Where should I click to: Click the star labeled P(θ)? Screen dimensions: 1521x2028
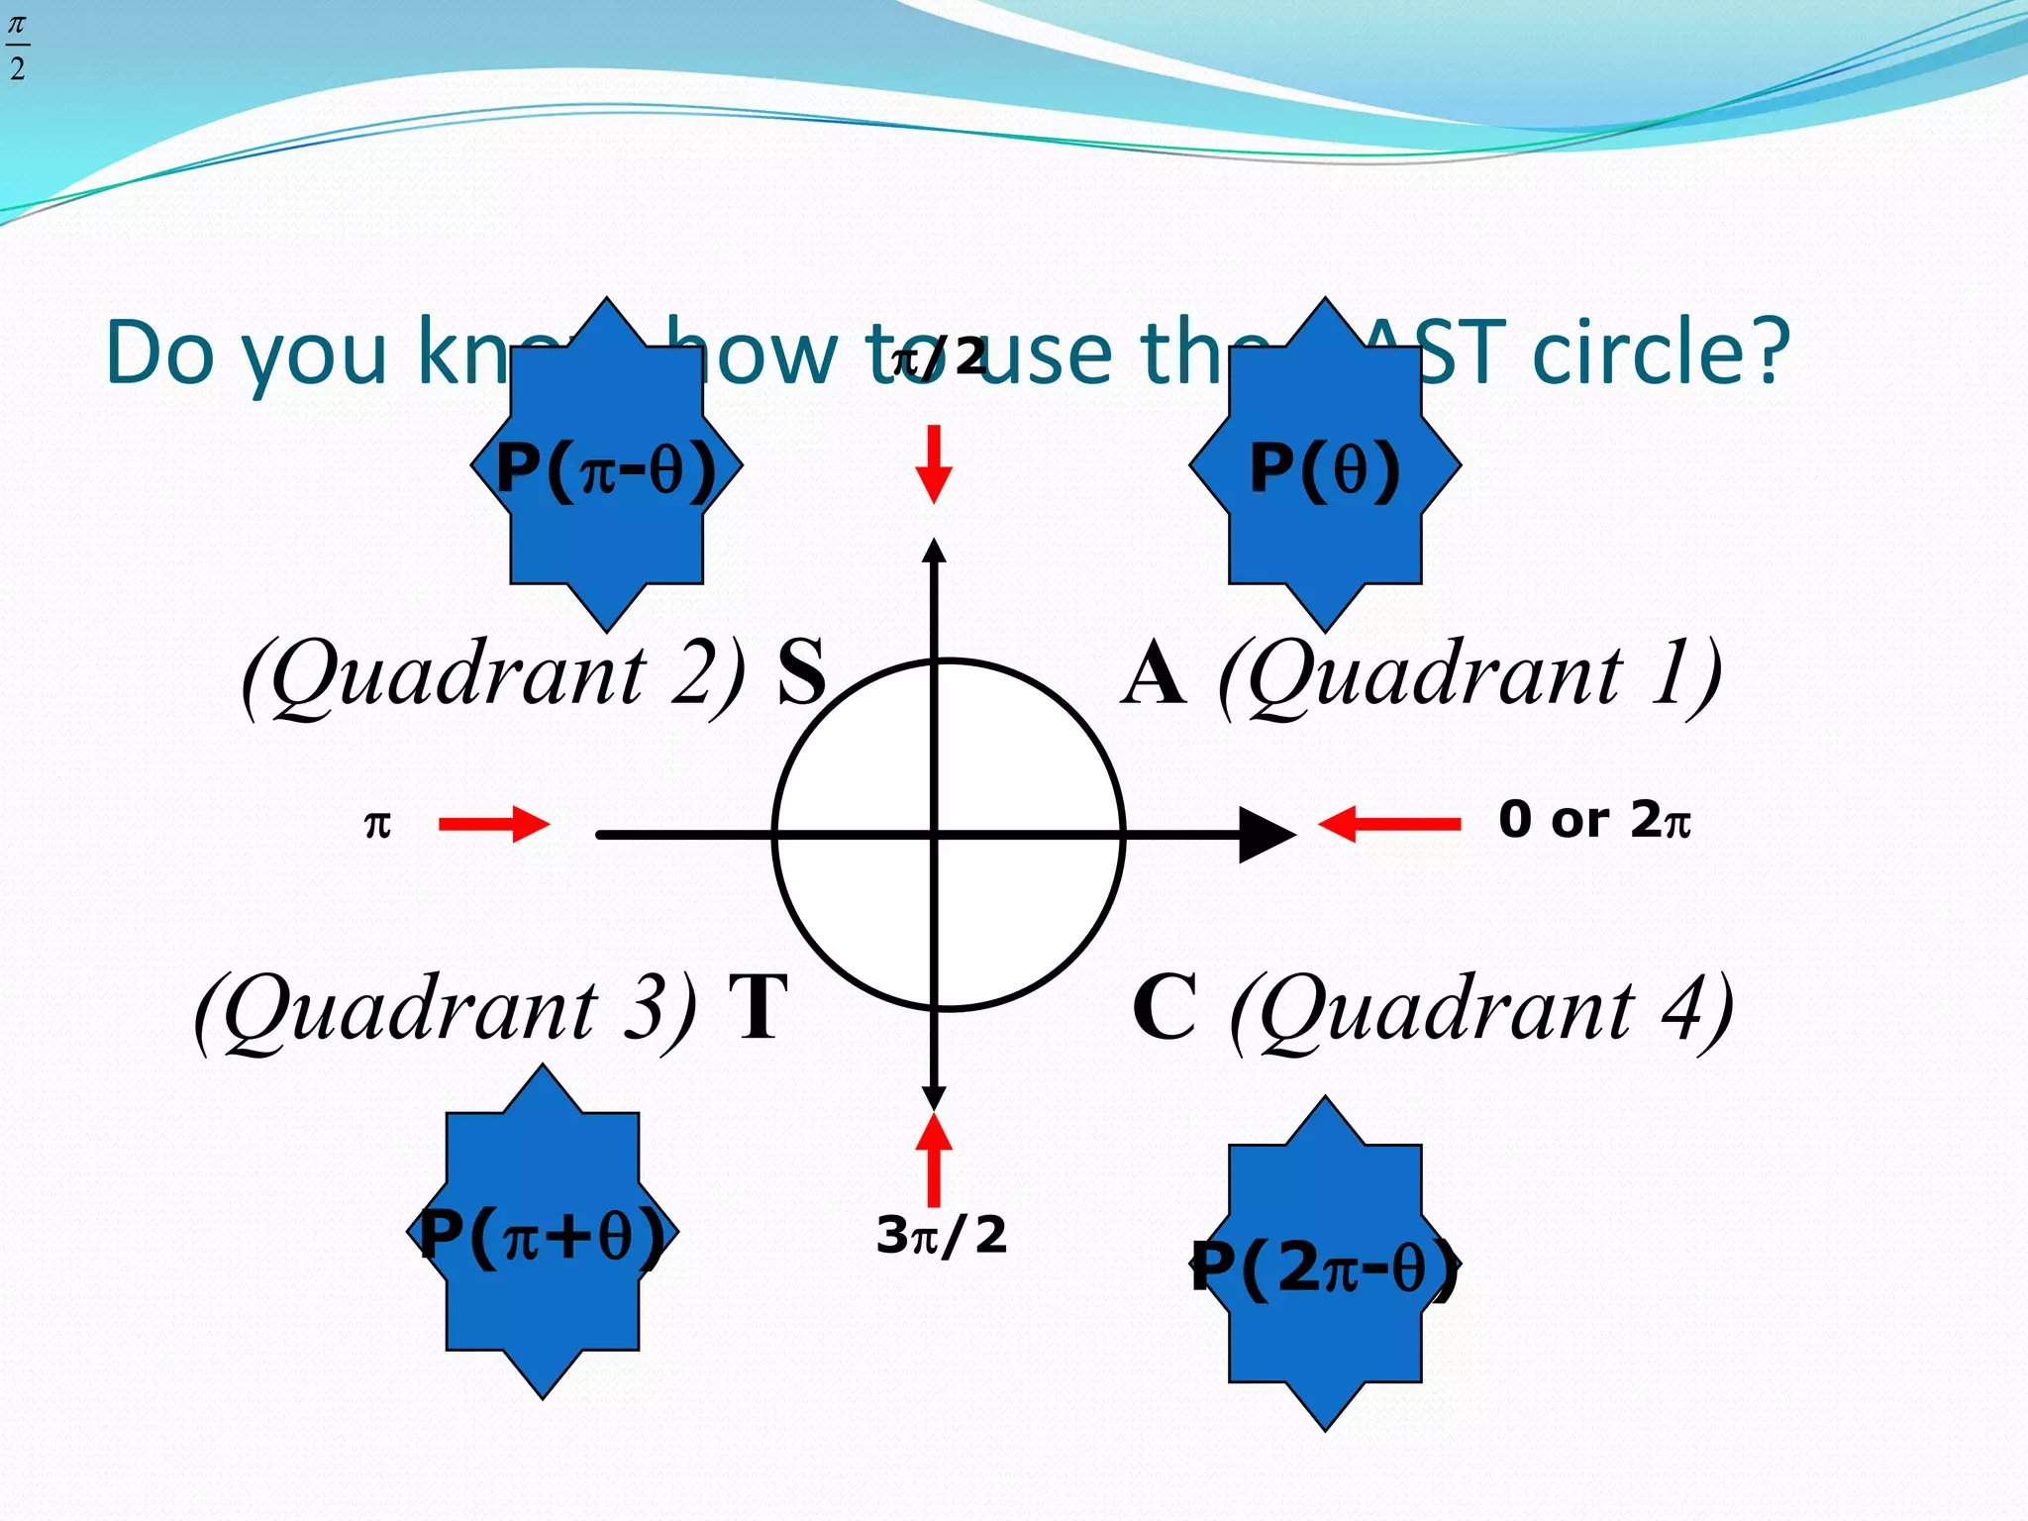tap(1325, 465)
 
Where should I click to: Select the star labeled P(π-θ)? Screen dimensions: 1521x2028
tap(606, 465)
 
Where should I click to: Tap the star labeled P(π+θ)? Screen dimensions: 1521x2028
tap(543, 1232)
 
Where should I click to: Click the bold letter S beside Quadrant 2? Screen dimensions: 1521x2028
tap(801, 672)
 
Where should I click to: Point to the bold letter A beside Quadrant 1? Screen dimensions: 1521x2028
tap(1154, 674)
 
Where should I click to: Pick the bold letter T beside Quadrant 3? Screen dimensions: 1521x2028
tap(759, 1008)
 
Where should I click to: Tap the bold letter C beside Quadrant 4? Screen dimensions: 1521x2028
tap(1165, 1008)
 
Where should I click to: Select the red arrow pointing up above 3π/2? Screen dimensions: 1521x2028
tap(934, 1159)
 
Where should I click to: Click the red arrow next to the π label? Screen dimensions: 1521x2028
tap(493, 824)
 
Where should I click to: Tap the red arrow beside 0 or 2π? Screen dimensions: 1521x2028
tap(1388, 824)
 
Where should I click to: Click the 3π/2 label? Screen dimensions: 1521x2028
tap(942, 1236)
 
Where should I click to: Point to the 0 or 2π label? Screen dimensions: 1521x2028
tap(1594, 820)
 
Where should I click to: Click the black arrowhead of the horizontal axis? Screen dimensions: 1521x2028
tap(1266, 835)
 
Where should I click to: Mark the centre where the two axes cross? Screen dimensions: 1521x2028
tap(935, 835)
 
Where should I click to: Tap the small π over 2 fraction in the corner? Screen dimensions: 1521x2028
tap(17, 47)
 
